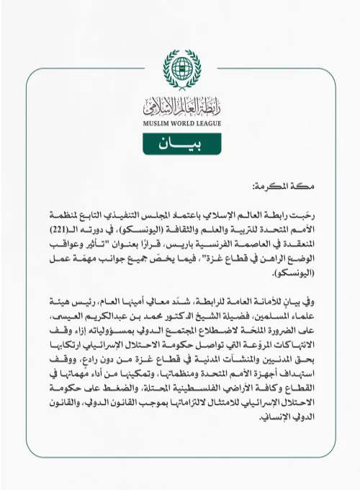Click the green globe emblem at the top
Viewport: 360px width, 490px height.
(x=179, y=68)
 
